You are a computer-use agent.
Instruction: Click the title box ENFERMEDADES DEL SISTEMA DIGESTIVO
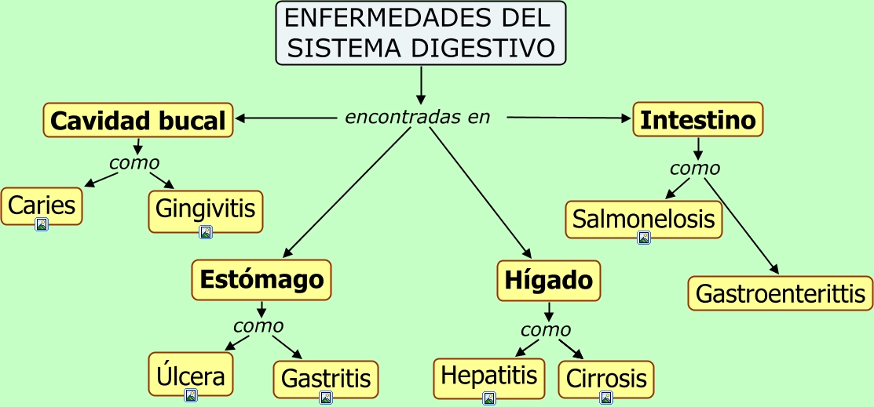click(421, 33)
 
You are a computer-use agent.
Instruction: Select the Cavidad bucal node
click(137, 120)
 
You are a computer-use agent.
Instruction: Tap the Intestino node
click(698, 119)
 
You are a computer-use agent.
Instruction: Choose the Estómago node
click(261, 279)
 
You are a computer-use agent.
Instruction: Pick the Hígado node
click(549, 281)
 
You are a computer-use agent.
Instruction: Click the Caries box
click(42, 206)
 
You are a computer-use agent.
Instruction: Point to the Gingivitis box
click(205, 210)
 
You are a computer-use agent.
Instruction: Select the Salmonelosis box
click(644, 220)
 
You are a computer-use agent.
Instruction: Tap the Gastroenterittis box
click(781, 293)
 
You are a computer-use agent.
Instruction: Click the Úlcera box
click(191, 377)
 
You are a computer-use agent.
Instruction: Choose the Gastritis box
click(326, 380)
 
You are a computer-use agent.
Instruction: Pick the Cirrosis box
click(606, 380)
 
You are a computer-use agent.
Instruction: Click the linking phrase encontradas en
click(418, 118)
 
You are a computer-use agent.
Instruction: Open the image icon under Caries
click(42, 224)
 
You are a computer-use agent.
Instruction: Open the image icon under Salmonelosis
click(644, 238)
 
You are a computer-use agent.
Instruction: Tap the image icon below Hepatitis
click(489, 398)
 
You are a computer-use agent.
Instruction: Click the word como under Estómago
click(258, 325)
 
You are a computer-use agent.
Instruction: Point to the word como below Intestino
click(695, 168)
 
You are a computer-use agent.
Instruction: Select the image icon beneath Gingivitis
click(206, 232)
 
